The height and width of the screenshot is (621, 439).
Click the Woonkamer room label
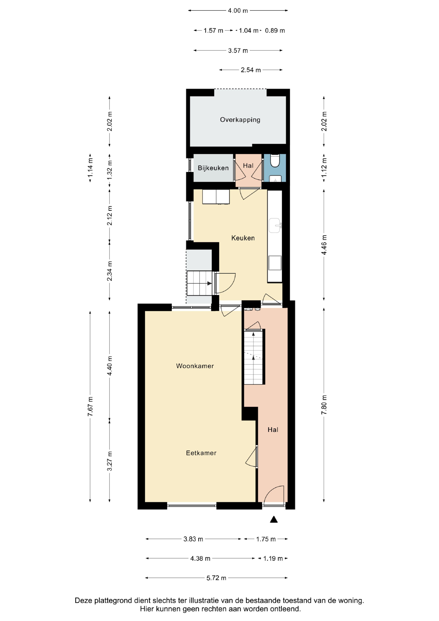coord(195,366)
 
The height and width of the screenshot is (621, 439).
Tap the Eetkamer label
coord(201,453)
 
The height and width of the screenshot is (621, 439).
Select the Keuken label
coord(243,238)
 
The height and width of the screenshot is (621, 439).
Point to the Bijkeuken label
coord(213,168)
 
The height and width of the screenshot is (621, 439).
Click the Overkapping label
coord(240,120)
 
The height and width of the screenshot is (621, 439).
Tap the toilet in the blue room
coord(275,161)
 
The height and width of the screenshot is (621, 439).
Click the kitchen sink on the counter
coord(275,225)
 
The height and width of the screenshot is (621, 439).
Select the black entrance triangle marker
coord(274,519)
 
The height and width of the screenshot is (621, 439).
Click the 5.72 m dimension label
coord(216,578)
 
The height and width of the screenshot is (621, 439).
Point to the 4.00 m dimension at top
coord(238,11)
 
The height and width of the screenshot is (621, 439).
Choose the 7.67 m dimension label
coord(90,407)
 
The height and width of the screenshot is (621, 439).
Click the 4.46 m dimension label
coord(324,245)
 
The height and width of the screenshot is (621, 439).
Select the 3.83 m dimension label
coord(193,539)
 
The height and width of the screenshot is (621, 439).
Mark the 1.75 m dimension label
coord(266,539)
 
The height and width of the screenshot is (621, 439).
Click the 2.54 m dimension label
coord(251,70)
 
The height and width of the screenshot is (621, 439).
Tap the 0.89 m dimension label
coord(275,31)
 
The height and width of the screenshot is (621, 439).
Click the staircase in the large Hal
coord(254,357)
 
